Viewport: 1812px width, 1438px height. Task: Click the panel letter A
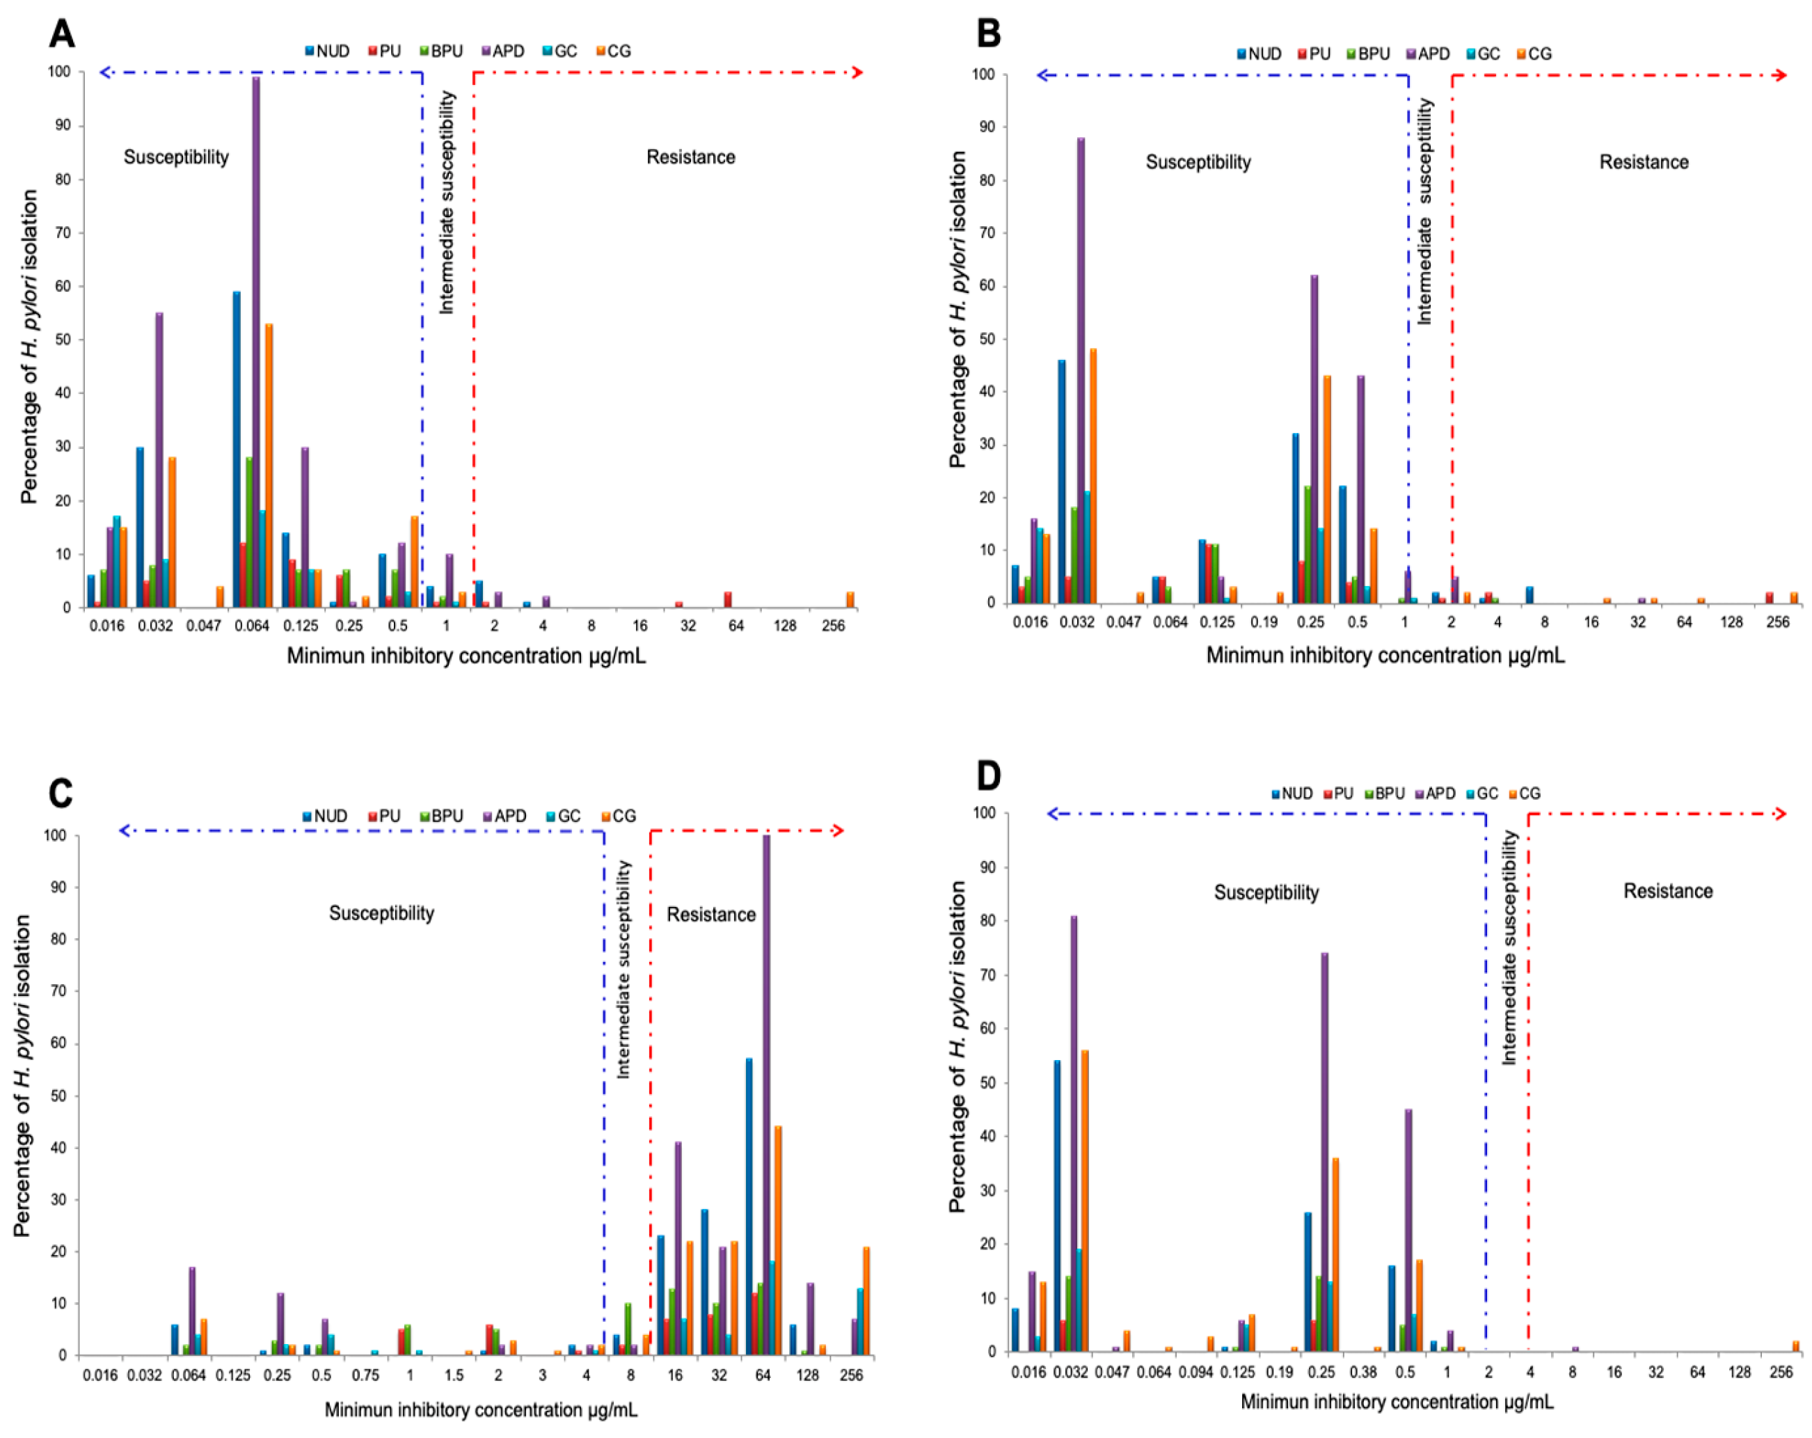[61, 33]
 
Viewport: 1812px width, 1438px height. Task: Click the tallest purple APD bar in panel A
[256, 336]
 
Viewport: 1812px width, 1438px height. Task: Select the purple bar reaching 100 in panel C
[765, 1093]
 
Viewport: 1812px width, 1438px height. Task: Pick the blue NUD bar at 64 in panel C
[749, 1206]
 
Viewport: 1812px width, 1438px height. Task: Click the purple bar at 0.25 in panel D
[1324, 1151]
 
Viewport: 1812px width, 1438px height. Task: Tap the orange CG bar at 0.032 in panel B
[1093, 475]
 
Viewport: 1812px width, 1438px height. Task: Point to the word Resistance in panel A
[690, 157]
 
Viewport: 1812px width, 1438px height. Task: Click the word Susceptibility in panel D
[1266, 892]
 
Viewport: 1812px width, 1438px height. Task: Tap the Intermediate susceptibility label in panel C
[623, 969]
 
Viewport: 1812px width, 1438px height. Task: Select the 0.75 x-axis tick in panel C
[365, 1375]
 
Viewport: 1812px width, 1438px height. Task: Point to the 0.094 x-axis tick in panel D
[1197, 1372]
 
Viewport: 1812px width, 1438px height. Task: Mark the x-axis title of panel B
[1385, 655]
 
